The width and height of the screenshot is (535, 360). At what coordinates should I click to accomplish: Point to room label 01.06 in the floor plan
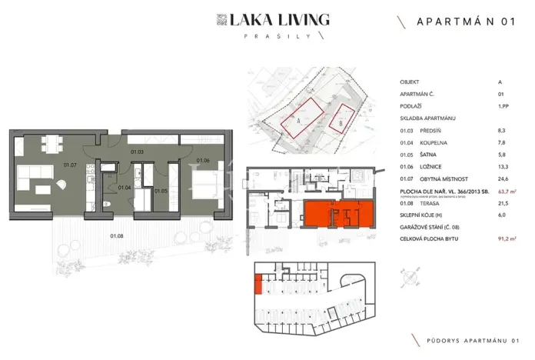(203, 160)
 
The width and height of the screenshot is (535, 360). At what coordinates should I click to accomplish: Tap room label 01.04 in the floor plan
(125, 187)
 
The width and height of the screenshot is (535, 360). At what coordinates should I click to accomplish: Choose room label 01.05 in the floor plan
(161, 190)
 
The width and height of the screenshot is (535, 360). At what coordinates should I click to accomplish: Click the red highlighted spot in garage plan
(258, 286)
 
